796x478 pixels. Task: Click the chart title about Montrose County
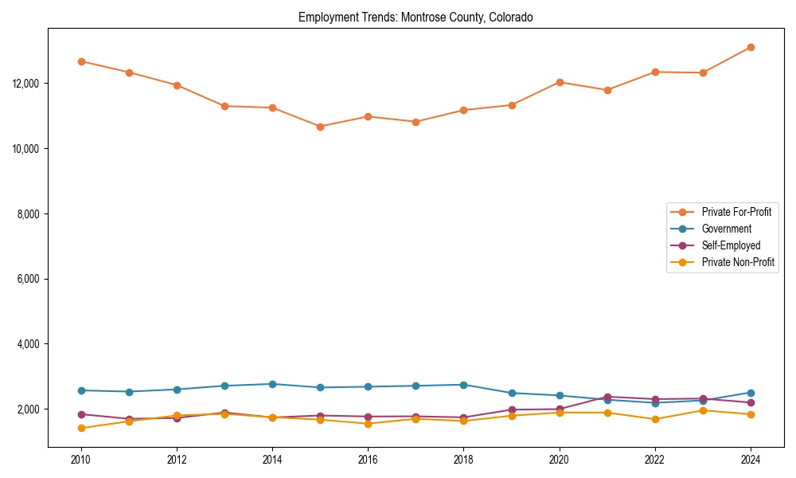click(x=416, y=17)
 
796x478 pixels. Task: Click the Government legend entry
click(x=726, y=229)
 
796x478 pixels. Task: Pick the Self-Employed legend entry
click(x=731, y=245)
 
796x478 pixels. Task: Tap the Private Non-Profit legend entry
click(x=738, y=262)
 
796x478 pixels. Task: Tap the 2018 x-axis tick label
click(x=463, y=460)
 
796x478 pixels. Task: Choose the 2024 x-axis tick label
click(x=751, y=460)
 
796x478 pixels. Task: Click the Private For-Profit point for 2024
click(x=751, y=48)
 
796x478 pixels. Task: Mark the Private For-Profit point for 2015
click(x=320, y=127)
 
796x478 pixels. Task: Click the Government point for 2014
click(x=272, y=384)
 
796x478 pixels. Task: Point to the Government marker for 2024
click(x=751, y=393)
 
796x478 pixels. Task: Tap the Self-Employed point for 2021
click(x=607, y=397)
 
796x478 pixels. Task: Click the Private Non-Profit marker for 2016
click(x=368, y=424)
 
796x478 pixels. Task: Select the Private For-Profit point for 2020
click(x=560, y=82)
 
